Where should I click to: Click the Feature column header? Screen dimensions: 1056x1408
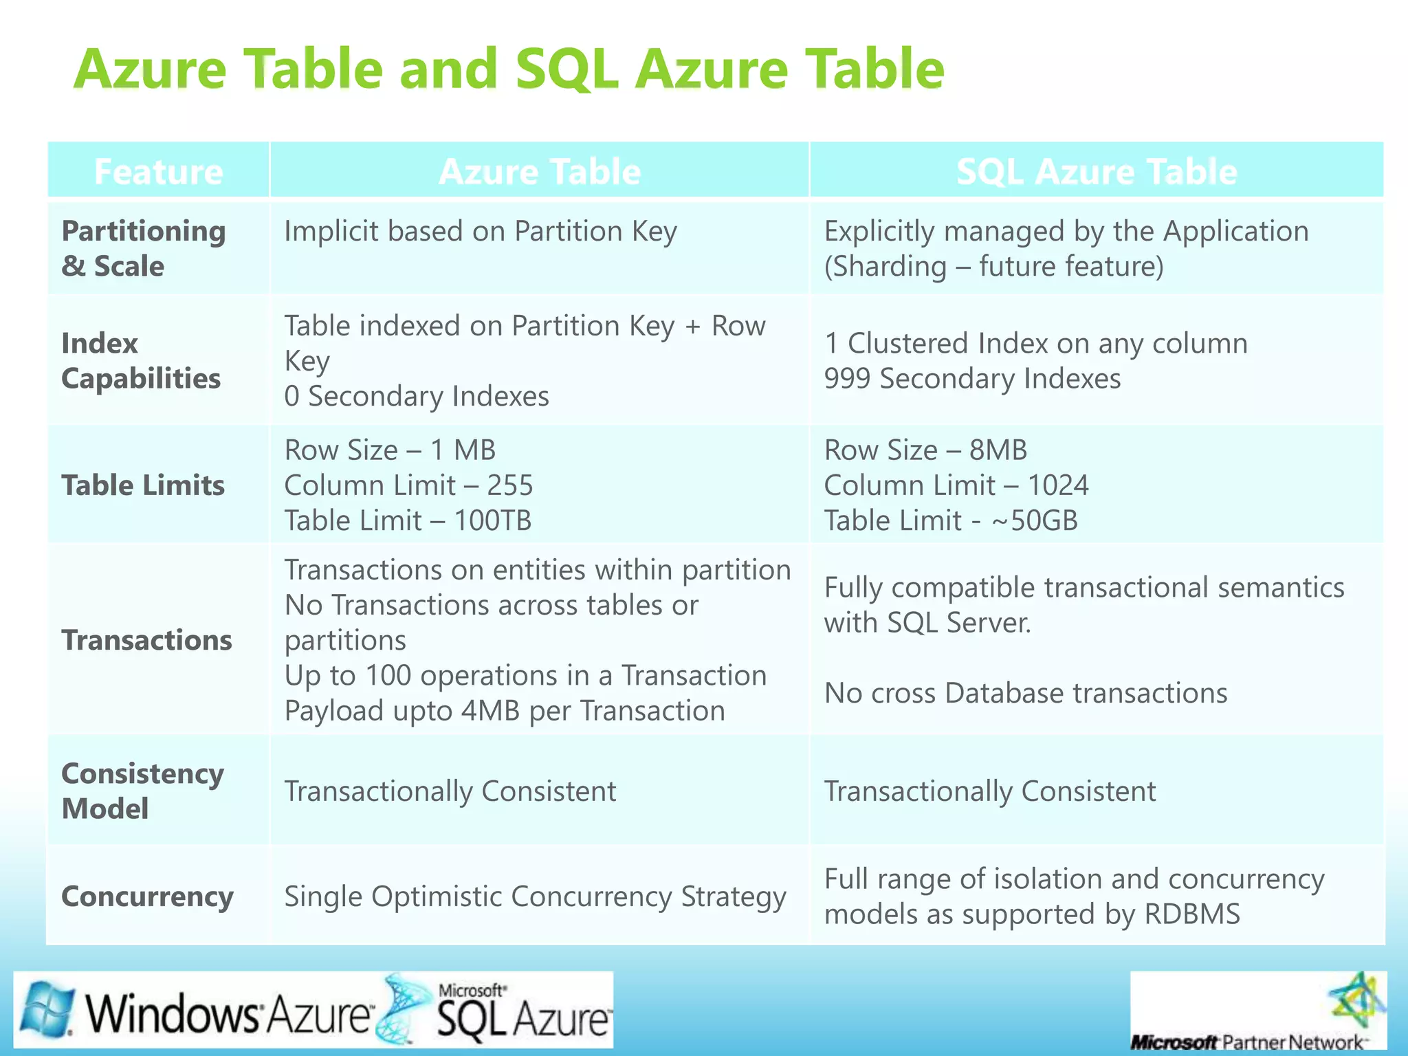158,171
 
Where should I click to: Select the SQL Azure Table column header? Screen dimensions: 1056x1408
1097,171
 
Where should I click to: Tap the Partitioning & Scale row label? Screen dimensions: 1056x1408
144,248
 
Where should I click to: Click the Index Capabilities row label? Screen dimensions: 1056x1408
141,360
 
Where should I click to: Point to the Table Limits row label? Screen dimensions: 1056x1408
143,485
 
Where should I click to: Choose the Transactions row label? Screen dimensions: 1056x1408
147,640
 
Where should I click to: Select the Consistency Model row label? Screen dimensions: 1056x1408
142,791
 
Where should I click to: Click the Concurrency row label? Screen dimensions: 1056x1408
147,896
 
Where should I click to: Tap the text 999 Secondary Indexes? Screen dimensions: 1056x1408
972,379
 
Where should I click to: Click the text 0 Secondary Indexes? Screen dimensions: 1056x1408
417,397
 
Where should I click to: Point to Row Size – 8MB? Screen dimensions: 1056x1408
925,450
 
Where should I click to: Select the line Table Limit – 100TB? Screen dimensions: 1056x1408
408,520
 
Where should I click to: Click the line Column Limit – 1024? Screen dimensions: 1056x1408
956,485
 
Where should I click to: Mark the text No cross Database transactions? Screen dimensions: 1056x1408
1025,693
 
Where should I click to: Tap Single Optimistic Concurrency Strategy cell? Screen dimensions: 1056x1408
535,896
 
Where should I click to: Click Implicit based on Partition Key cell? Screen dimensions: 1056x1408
481,231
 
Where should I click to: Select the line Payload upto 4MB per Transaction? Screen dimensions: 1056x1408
505,711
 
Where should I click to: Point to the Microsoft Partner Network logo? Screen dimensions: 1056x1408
1257,1011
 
